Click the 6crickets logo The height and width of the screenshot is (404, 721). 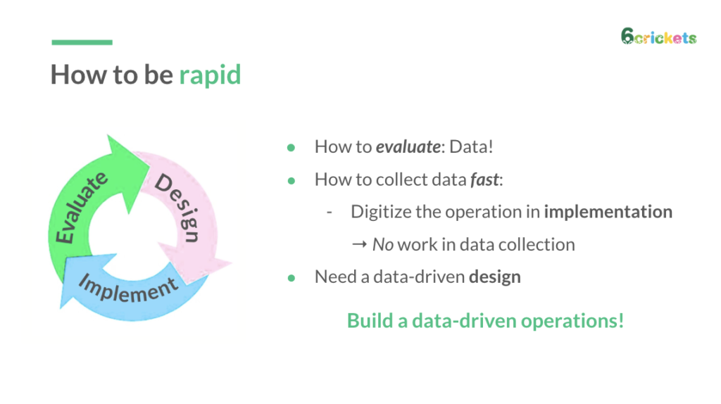658,37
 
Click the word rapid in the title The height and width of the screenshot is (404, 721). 210,74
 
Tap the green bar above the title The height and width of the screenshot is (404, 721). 82,43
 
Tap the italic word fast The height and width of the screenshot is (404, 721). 485,179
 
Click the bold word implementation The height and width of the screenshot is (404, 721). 608,212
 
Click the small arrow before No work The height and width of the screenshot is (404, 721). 359,245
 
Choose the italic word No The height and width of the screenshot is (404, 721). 382,245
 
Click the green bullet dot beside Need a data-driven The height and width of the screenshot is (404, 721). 290,277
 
